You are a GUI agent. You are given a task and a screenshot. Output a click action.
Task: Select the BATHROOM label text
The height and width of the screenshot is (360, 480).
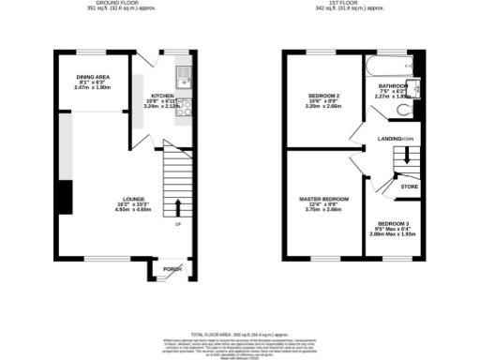point(393,85)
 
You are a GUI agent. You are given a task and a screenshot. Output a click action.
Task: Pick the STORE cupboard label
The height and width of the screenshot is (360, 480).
point(409,186)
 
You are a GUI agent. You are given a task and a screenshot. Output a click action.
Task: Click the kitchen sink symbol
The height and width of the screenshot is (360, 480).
point(185,74)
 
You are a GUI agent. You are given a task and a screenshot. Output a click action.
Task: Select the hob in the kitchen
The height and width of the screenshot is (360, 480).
point(187,106)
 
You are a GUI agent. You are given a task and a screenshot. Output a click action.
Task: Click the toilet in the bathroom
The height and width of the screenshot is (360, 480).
point(403,110)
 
